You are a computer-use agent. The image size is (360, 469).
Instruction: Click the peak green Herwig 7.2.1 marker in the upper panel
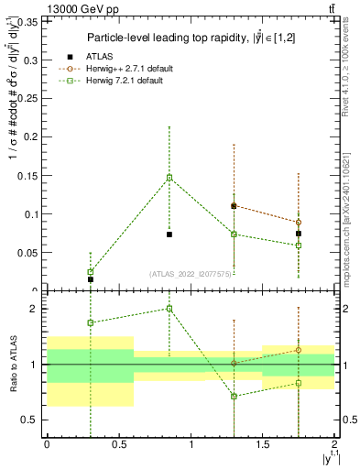(x=169, y=178)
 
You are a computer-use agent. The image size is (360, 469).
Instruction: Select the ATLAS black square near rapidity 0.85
(x=169, y=234)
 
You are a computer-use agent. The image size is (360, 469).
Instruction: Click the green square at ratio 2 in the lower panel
(x=169, y=309)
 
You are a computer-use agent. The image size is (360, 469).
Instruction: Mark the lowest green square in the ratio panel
(x=235, y=396)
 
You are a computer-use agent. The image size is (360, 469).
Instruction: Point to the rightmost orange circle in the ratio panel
(x=299, y=350)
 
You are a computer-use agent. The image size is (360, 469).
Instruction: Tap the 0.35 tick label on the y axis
(x=27, y=22)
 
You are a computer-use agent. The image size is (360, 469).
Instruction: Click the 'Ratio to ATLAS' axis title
(x=12, y=364)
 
